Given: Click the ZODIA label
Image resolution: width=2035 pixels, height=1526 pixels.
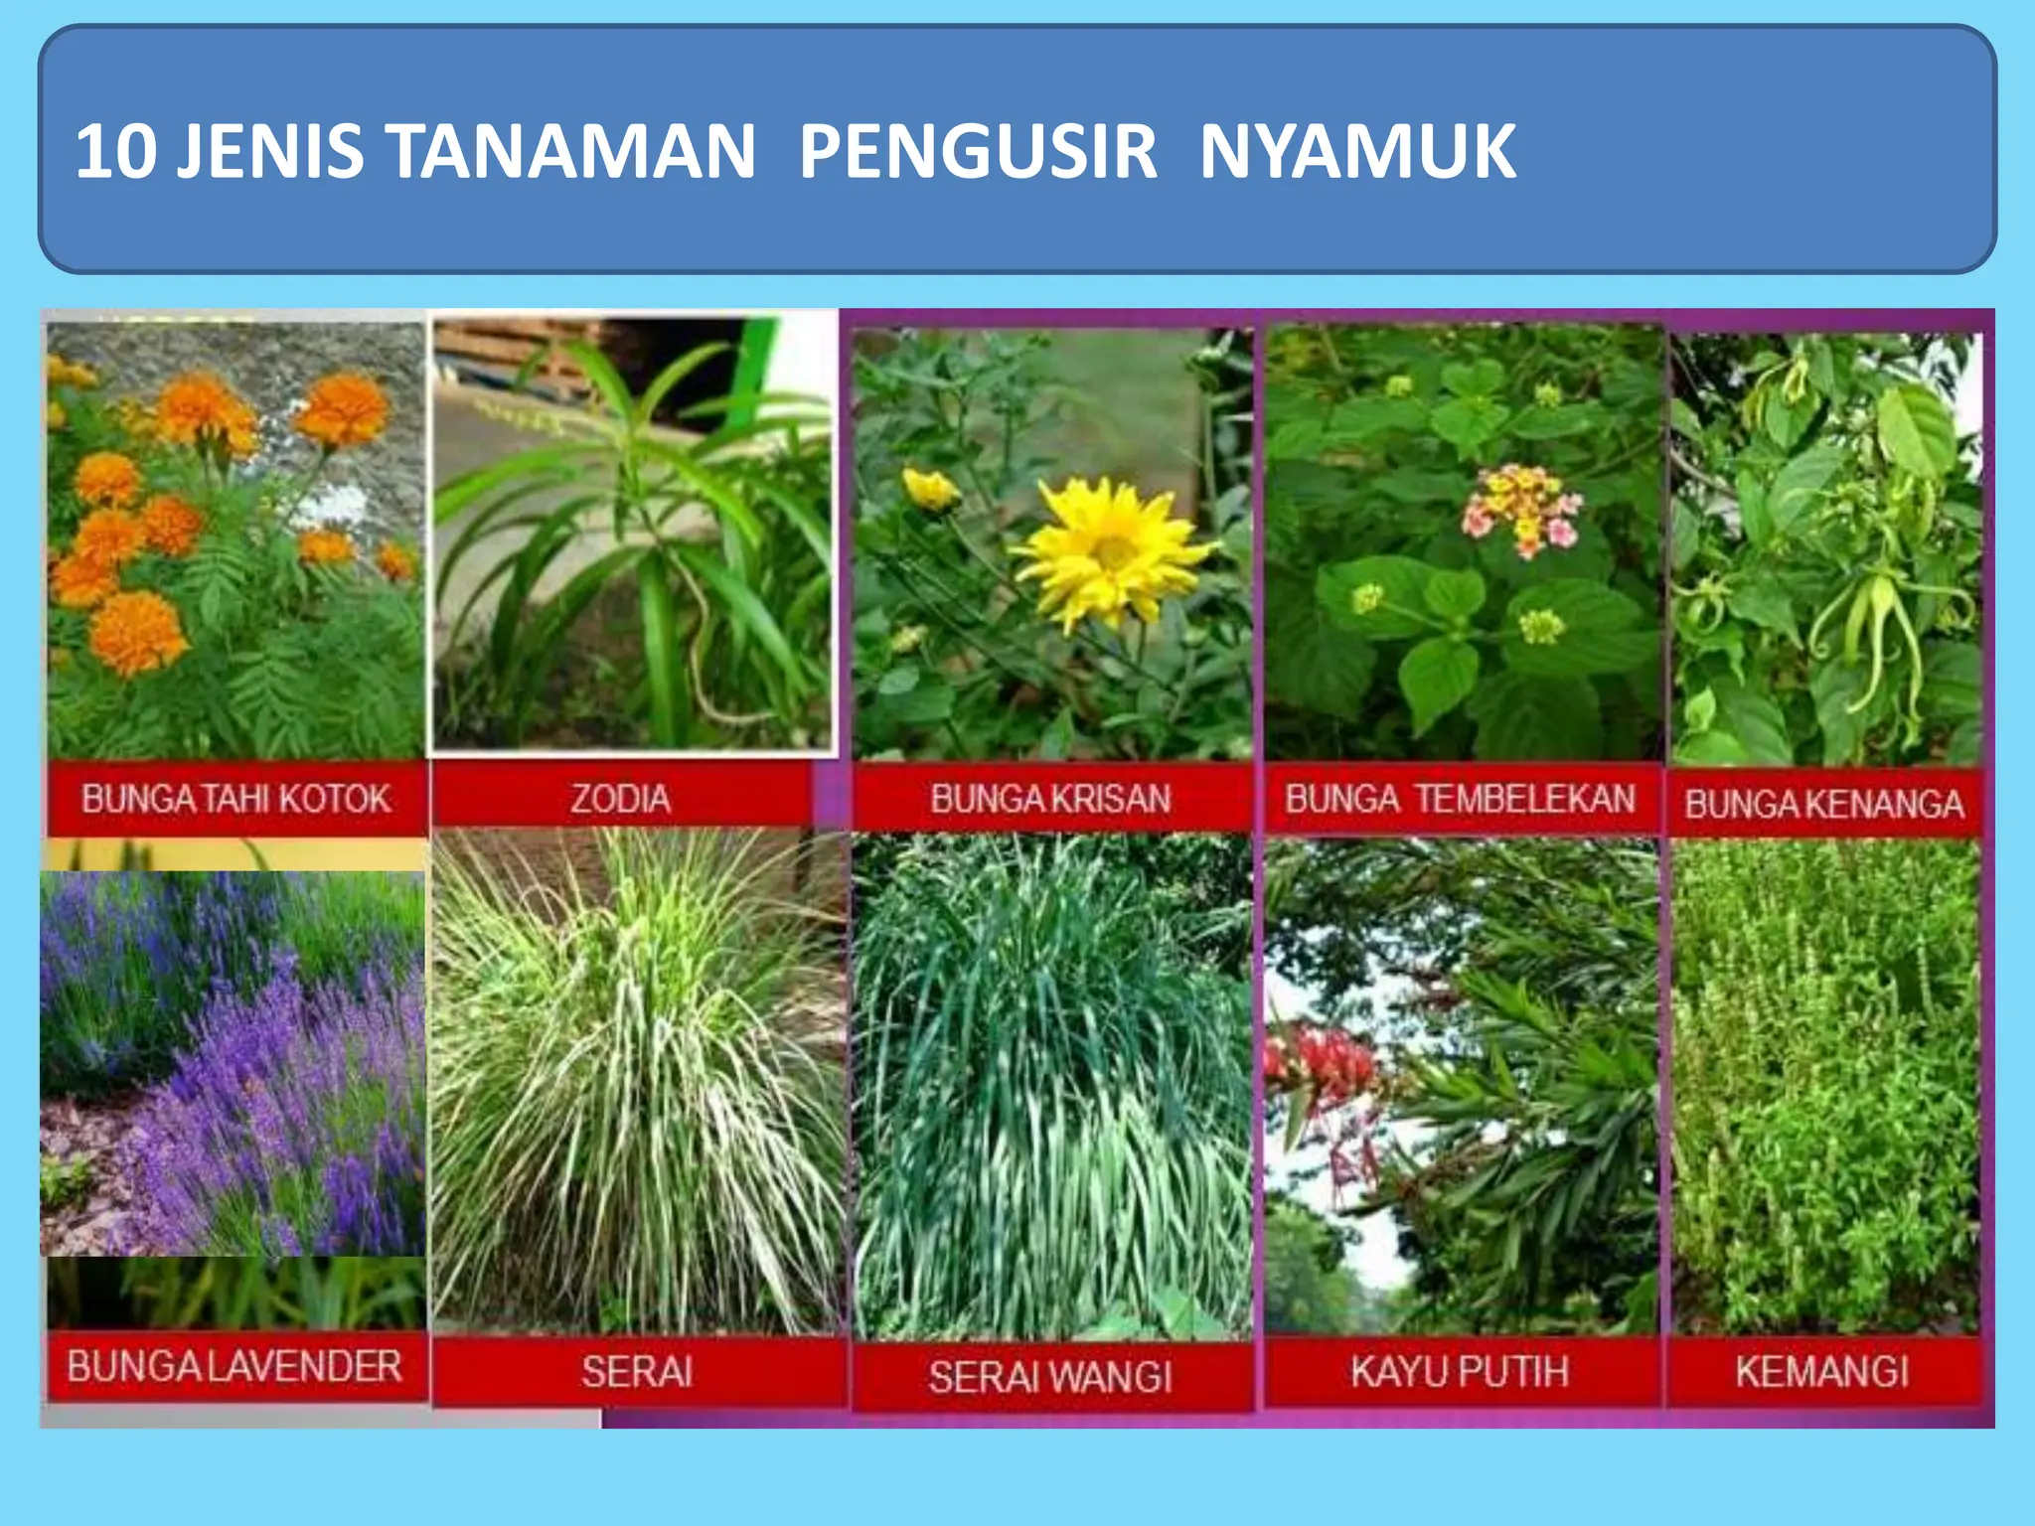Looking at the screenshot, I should click(620, 799).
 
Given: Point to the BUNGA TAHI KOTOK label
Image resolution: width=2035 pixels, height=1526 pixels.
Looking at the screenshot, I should click(235, 799).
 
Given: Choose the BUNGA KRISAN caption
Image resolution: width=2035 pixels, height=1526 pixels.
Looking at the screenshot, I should click(1050, 799).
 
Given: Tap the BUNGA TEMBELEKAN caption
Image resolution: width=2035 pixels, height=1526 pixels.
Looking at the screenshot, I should click(1460, 799).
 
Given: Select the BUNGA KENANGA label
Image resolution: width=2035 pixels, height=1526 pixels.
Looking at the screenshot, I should click(1824, 803).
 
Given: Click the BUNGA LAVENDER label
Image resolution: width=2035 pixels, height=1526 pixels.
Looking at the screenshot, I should click(235, 1366).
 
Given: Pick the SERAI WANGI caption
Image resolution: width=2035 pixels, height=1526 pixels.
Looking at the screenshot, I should click(1050, 1376).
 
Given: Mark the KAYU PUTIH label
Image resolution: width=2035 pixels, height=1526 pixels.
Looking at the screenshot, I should click(1460, 1371).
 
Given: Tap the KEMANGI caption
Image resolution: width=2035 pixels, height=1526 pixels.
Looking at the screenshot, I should click(1822, 1371).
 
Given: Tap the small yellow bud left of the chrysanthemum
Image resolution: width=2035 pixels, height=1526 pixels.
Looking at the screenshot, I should click(930, 489).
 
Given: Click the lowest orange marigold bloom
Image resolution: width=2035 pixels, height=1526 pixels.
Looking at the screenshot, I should click(137, 631).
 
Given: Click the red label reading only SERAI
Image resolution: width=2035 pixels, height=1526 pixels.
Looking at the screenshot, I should click(637, 1371).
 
